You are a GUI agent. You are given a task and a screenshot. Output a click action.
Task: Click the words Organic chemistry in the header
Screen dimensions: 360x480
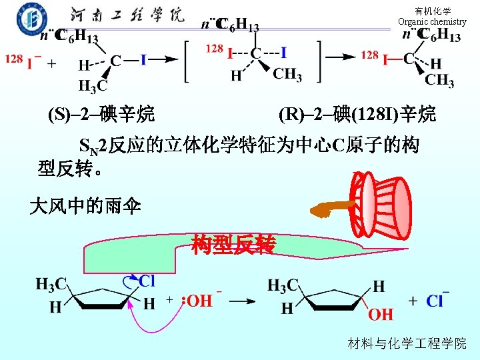432,22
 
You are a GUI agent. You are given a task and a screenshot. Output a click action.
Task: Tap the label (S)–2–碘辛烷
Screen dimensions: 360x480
101,115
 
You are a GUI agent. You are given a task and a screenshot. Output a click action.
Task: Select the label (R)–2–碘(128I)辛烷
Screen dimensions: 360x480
357,115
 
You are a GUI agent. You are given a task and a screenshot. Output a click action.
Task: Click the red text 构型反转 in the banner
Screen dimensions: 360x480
233,245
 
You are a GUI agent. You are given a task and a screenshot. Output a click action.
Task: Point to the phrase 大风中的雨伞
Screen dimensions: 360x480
85,206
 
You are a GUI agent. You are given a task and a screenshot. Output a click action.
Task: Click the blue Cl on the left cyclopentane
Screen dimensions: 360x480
147,281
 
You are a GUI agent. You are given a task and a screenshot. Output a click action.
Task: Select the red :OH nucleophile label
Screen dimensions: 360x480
198,301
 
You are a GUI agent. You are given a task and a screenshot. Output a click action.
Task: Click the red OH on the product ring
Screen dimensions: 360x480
381,313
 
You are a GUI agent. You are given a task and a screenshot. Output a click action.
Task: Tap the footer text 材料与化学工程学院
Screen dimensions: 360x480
407,343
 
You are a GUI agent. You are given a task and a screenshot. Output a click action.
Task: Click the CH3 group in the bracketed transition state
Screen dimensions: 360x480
287,74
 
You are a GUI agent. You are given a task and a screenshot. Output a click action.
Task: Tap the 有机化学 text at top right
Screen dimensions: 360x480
432,11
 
